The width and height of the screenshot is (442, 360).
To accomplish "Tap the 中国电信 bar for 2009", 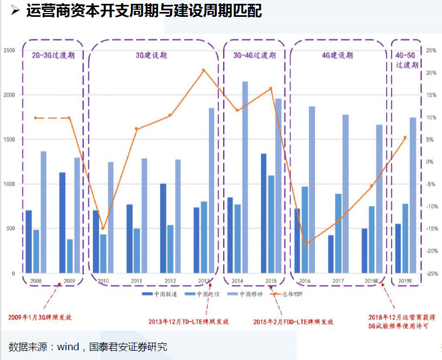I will click(70, 256).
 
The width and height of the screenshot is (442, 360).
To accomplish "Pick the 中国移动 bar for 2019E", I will click(413, 195).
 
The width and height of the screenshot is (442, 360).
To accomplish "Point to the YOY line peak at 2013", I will click(204, 70).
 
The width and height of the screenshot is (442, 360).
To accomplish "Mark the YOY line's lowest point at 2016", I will click(304, 244).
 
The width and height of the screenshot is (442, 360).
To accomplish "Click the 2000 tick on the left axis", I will click(9, 94).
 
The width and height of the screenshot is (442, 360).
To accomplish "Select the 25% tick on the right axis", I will click(431, 50).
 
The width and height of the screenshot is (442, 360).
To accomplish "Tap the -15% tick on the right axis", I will click(431, 229).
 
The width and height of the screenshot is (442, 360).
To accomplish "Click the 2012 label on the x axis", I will click(170, 281).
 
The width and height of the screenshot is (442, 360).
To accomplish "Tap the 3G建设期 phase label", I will click(151, 55).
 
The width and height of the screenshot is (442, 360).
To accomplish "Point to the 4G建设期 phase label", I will click(337, 55).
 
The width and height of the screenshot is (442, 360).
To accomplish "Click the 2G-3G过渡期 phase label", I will click(53, 55).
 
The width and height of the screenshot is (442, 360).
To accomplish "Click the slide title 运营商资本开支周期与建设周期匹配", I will click(144, 11).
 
